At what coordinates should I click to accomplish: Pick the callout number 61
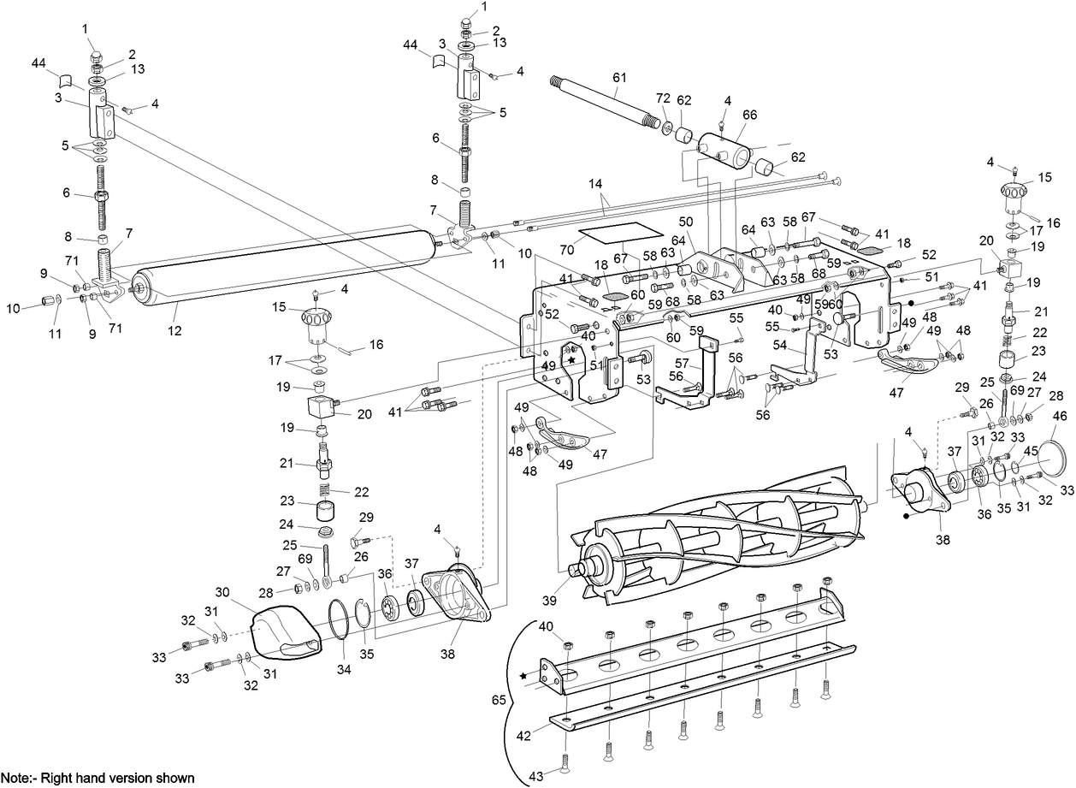click(x=618, y=76)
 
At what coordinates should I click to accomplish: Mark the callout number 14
click(x=595, y=184)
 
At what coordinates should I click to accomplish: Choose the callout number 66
click(x=749, y=115)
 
